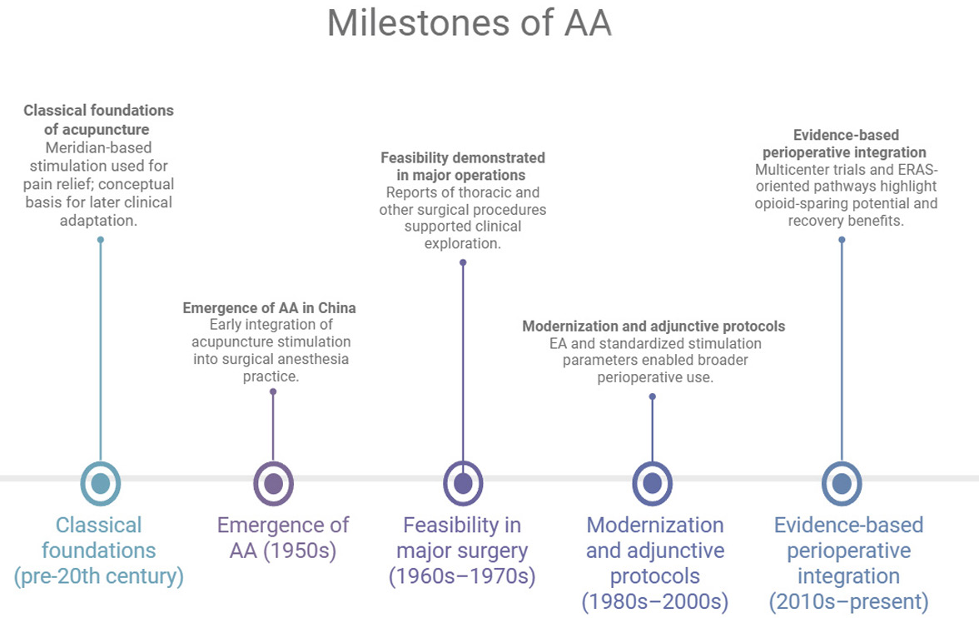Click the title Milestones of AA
[x=470, y=23]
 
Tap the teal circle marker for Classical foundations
[x=101, y=483]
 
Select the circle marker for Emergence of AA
[x=273, y=483]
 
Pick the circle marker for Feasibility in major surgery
[x=463, y=483]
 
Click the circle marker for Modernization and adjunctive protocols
[x=653, y=483]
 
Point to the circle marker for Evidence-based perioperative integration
[x=842, y=483]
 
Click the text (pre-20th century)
[x=98, y=576]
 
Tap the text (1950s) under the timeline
[x=301, y=551]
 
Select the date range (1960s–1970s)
[x=462, y=576]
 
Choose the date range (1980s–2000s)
[x=655, y=601]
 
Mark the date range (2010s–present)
[x=848, y=601]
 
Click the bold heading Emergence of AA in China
[x=269, y=308]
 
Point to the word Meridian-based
[x=98, y=148]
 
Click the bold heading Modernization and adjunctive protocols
[x=653, y=326]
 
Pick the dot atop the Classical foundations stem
[x=101, y=240]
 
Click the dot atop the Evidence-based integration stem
[x=842, y=240]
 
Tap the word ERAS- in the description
[x=917, y=170]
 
